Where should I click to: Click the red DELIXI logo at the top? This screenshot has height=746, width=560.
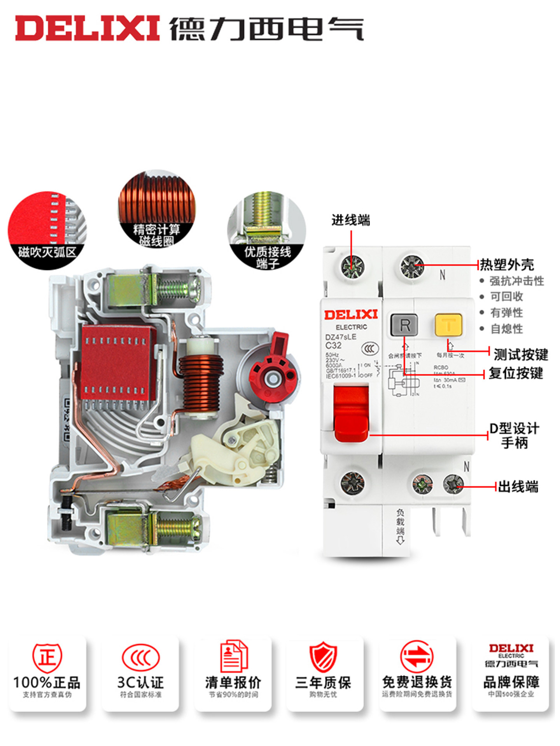click(x=87, y=28)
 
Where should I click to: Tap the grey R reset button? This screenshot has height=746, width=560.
click(x=404, y=325)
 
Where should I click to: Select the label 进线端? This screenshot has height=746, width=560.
click(x=351, y=220)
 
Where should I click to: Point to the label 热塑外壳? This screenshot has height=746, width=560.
click(x=507, y=265)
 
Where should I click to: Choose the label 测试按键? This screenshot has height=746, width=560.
click(x=520, y=354)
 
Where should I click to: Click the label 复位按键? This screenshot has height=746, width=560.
click(x=516, y=373)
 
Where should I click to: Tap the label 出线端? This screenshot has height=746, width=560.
click(x=518, y=486)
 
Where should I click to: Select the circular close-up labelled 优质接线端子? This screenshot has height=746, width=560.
click(x=267, y=229)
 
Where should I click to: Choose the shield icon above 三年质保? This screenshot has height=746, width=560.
click(x=323, y=658)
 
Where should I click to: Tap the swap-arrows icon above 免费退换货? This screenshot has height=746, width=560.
click(x=416, y=658)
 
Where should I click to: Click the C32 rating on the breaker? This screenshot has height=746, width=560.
click(x=333, y=345)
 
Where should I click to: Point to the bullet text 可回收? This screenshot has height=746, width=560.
click(x=506, y=296)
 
